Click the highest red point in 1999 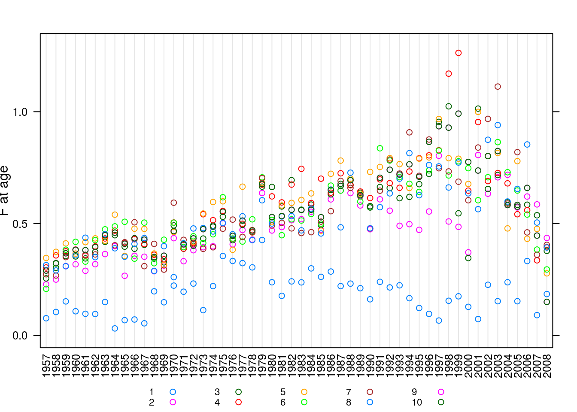click(459, 53)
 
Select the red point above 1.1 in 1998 click(449, 74)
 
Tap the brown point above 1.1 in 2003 click(498, 87)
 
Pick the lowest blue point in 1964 click(115, 328)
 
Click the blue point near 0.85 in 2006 click(527, 145)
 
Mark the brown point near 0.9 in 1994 click(409, 132)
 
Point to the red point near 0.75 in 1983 click(301, 169)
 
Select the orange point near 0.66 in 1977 click(243, 187)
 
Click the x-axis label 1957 click(46, 366)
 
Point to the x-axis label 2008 click(547, 366)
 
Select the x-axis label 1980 click(272, 366)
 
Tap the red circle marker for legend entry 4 click(238, 402)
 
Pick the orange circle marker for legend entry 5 click(304, 392)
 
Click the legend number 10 click(417, 403)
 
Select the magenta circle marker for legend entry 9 click(440, 392)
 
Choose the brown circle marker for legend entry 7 click(370, 392)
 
